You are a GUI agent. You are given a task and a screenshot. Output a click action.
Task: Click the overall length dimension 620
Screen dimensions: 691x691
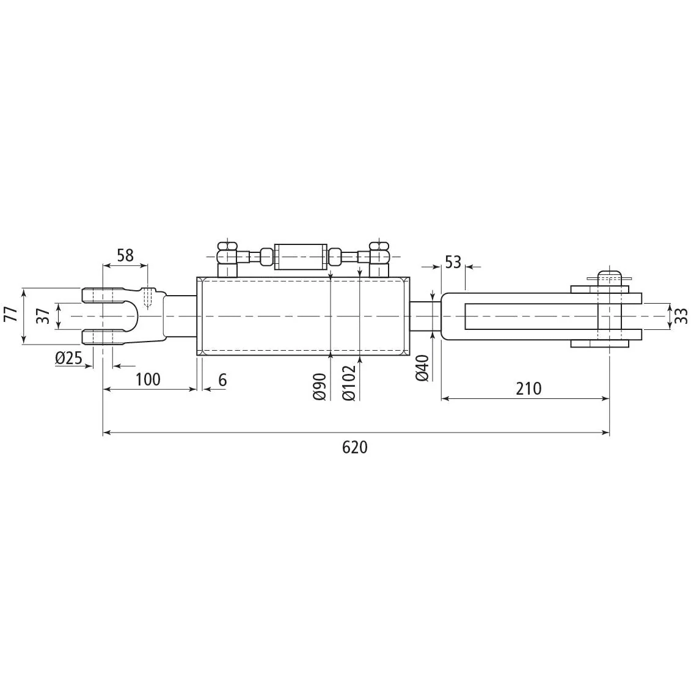point(355,447)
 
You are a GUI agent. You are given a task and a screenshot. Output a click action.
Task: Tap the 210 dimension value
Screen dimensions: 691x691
point(528,388)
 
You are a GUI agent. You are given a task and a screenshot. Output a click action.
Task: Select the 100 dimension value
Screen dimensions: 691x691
point(148,379)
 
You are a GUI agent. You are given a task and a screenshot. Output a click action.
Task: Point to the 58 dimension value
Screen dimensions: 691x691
point(125,255)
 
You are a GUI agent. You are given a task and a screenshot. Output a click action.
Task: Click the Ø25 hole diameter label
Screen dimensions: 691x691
point(69,358)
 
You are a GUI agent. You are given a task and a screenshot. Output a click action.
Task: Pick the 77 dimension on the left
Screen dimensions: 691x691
point(10,313)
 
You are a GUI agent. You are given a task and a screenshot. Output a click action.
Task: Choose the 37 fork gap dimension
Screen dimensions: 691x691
point(43,315)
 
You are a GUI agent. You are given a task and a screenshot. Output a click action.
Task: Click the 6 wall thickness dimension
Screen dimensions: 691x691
point(222,379)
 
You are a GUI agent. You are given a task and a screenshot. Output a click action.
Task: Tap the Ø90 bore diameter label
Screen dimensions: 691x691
point(320,387)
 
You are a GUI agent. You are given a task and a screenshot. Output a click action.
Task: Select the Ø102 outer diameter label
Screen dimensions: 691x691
point(349,382)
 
